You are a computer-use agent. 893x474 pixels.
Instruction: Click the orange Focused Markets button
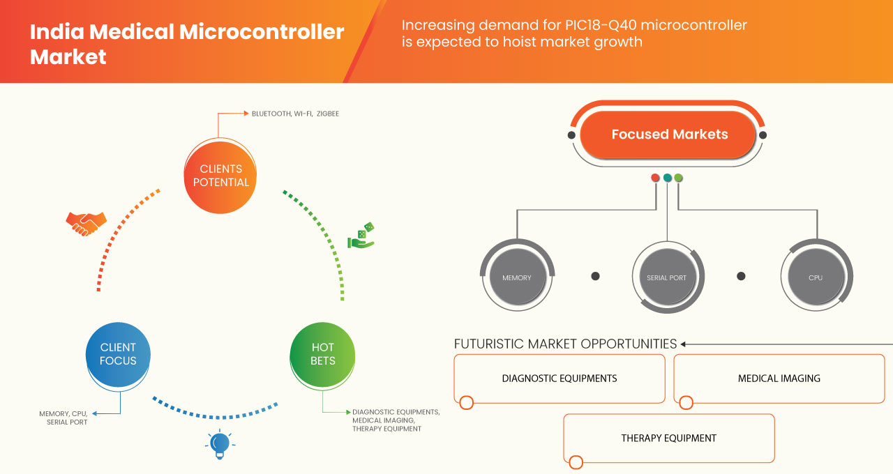[x=669, y=135]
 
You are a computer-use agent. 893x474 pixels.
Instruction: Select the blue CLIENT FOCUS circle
[x=118, y=354]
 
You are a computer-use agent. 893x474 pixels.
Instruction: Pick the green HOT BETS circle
[x=322, y=354]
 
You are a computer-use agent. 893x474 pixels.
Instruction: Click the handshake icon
[x=86, y=223]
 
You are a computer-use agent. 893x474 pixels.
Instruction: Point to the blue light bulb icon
[x=220, y=444]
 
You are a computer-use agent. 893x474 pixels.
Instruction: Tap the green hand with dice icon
[x=361, y=236]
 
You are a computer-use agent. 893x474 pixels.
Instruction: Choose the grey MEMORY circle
[x=516, y=277]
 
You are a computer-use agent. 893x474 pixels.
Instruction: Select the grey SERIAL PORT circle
[x=667, y=277]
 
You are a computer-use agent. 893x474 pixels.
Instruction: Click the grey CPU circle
[x=816, y=277]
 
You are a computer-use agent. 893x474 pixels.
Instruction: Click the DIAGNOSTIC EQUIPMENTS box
[x=560, y=379]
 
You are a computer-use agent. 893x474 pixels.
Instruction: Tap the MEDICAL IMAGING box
[x=779, y=379]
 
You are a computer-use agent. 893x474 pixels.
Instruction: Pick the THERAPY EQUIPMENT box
[x=668, y=438]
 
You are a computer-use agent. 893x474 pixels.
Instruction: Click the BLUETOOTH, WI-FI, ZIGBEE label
[x=295, y=113]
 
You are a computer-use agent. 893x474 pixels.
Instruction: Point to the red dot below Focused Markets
[x=655, y=178]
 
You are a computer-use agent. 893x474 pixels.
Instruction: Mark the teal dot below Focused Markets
[x=667, y=178]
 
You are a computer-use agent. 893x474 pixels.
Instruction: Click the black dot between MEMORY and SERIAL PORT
[x=595, y=276]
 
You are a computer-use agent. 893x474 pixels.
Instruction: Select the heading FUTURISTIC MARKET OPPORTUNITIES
[x=565, y=344]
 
